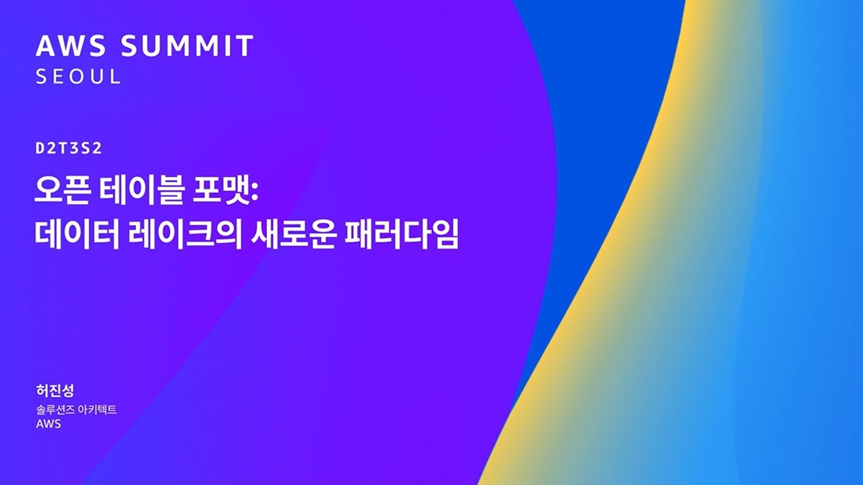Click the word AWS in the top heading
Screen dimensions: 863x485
pos(71,46)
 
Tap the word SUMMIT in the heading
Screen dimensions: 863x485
pos(187,46)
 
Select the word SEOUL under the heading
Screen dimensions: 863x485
pos(78,77)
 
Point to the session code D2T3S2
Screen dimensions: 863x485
pos(69,149)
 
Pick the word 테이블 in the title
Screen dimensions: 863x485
pos(141,191)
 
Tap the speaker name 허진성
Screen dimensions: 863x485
pos(55,391)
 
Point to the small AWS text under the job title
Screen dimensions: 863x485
pos(49,424)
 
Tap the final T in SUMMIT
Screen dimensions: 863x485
pos(244,46)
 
